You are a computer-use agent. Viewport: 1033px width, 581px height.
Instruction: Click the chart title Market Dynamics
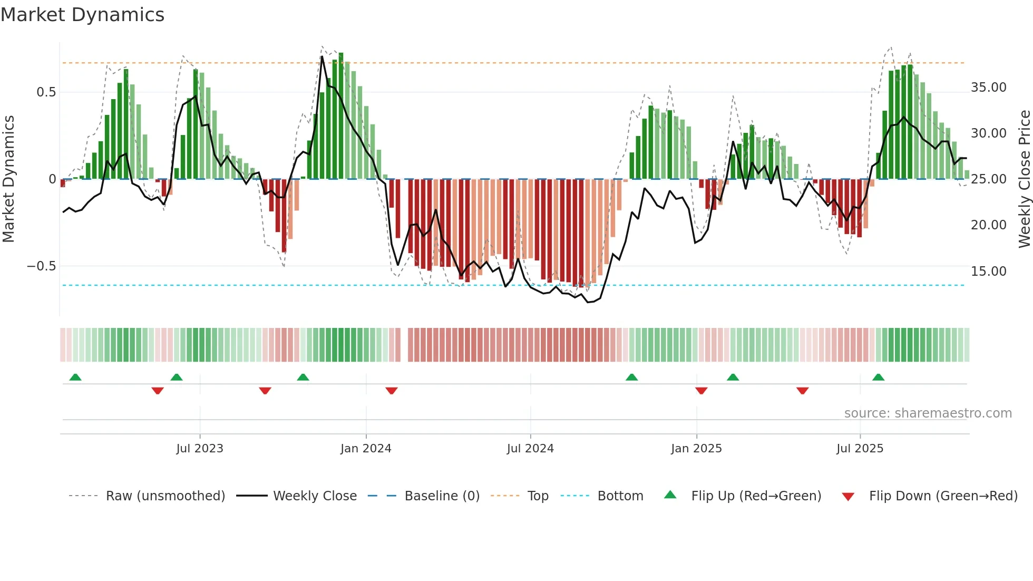coord(83,15)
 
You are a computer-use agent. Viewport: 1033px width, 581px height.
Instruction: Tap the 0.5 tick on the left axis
coord(46,92)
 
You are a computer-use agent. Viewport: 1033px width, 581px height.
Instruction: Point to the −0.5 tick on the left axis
coord(42,266)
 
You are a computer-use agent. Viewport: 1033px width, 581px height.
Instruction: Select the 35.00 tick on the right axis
coord(988,88)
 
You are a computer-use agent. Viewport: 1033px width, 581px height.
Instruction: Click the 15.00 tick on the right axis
coord(988,272)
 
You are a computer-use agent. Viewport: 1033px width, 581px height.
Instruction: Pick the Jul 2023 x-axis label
coord(200,449)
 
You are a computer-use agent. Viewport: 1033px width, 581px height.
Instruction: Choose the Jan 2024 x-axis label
coord(366,449)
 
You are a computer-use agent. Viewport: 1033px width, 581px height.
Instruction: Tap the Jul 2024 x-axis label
coord(530,449)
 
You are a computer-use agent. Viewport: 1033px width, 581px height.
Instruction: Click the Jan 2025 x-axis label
coord(696,449)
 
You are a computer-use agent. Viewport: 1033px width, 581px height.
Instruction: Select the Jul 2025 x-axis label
coord(860,449)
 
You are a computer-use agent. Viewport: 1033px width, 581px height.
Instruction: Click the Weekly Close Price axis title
coord(1024,179)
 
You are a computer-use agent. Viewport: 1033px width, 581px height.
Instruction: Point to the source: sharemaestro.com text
coord(928,413)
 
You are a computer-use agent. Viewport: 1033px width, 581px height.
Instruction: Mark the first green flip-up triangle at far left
coord(75,377)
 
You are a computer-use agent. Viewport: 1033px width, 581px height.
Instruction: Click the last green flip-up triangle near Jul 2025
coord(878,377)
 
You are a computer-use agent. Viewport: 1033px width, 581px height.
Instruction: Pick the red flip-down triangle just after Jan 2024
coord(391,391)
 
